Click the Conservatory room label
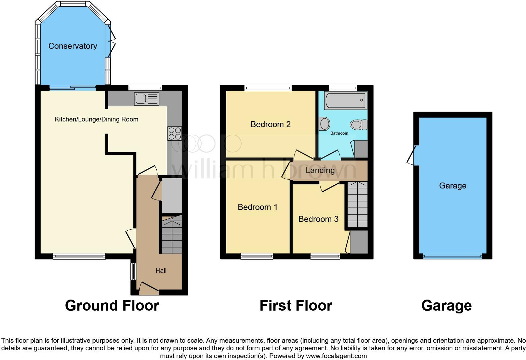tap(73, 46)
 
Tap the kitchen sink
tap(147, 99)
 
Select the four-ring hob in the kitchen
tap(175, 133)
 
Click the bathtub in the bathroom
tap(345, 100)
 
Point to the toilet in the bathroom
tap(359, 125)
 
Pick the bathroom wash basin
tap(324, 124)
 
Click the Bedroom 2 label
tap(270, 124)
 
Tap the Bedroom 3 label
tap(318, 219)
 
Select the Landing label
tap(320, 170)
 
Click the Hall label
tap(161, 271)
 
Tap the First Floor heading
tap(296, 306)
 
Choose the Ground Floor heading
tap(112, 306)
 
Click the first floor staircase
tap(357, 205)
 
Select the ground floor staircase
tap(172, 234)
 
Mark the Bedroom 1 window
tap(257, 256)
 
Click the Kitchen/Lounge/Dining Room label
tap(97, 119)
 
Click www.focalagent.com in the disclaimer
tap(336, 356)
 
